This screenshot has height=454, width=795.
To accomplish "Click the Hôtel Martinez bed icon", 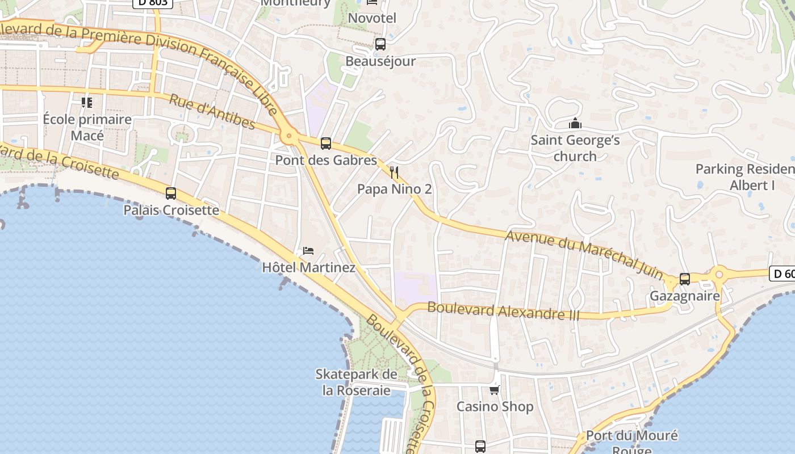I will pos(308,251).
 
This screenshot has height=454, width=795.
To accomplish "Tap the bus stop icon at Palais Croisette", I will pos(171,194).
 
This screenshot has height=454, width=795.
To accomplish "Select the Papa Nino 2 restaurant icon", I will pos(394,172).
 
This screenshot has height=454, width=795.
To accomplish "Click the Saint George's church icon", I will pos(575,123).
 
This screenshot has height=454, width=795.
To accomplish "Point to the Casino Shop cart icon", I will pos(495,390).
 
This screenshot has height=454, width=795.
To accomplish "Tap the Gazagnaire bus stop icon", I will pos(685,279).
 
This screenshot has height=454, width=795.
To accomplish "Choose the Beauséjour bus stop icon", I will pos(380,44).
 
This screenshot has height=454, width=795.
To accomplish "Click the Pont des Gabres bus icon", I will pos(326,144).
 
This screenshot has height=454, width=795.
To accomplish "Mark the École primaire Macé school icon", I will pos(87,103).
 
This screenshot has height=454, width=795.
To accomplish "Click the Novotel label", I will pos(372,18).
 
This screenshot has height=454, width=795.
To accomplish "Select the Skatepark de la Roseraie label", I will pos(356,382).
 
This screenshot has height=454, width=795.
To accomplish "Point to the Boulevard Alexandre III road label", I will pos(503,311).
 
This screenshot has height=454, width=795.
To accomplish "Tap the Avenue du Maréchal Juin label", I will pos(584,255).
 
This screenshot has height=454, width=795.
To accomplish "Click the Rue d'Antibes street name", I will pos(212,112).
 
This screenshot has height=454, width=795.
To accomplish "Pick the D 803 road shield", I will pos(153,3).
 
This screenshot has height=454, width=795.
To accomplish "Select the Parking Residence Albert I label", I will pos(744,177).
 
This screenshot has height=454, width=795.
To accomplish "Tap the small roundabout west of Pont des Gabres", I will pos(289,136).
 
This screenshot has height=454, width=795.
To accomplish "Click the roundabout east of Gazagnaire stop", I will pos(719,275).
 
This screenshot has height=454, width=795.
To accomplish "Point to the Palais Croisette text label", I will pos(171,210).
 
